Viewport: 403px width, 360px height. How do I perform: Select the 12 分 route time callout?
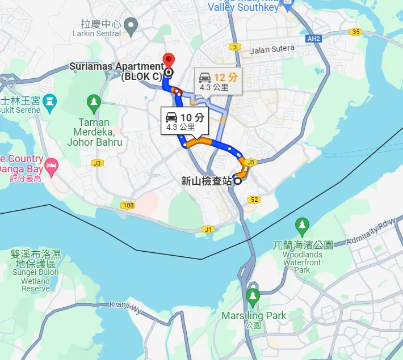point(219,81)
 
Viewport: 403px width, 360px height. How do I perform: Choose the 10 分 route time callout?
point(184,121)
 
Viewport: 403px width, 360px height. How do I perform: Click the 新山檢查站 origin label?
point(207,181)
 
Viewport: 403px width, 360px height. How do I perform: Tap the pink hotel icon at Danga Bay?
point(52,164)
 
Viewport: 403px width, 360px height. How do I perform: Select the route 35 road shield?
point(356,32)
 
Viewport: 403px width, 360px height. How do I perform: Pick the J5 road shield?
point(252,162)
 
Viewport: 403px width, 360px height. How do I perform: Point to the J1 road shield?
point(208,229)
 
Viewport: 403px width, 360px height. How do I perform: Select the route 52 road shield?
point(254,200)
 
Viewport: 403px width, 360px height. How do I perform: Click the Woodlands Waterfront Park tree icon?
point(302,225)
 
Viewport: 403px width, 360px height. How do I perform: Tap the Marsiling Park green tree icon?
point(253,295)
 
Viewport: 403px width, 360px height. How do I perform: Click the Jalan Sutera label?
point(272,49)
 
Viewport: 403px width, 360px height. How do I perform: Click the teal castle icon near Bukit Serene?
point(51,101)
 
